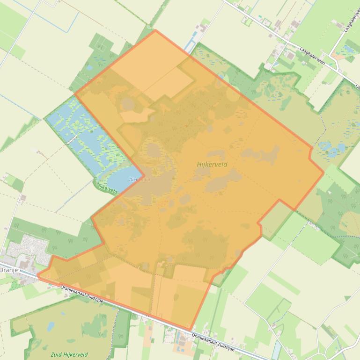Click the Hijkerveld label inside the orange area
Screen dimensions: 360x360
pyautogui.click(x=212, y=164)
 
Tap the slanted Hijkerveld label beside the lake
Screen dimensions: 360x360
pyautogui.click(x=106, y=187)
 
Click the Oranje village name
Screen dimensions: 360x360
pyautogui.click(x=8, y=270)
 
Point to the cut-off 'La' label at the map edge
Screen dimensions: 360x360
pyautogui.click(x=357, y=86)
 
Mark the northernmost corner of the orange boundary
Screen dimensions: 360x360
pyautogui.click(x=155, y=30)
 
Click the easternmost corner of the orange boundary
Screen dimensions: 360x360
pyautogui.click(x=323, y=173)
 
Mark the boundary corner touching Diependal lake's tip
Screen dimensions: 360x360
pyautogui.click(x=143, y=175)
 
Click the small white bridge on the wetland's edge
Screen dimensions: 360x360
pyautogui.click(x=71, y=139)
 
